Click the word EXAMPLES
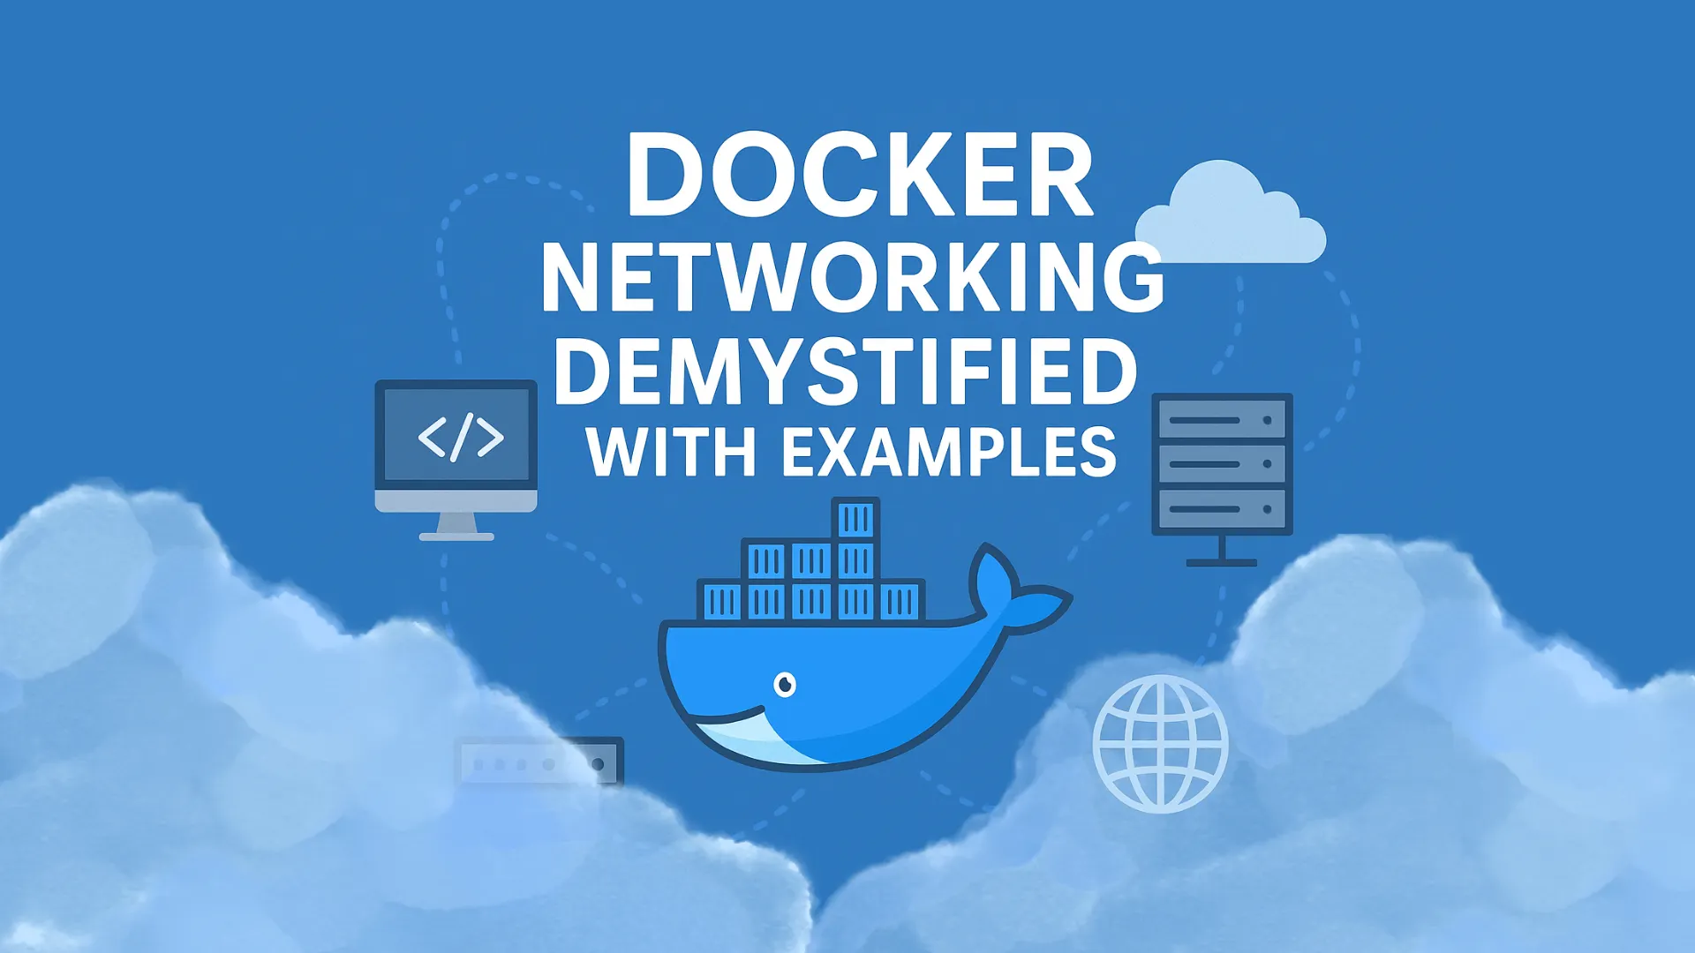[x=949, y=453]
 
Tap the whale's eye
[x=784, y=684]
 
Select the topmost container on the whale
[x=855, y=520]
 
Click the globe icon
[x=1160, y=744]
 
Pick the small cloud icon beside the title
[x=1232, y=216]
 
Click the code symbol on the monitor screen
[x=460, y=437]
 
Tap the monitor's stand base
[x=456, y=535]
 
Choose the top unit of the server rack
[x=1222, y=420]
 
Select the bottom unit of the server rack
[x=1222, y=509]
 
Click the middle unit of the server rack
[x=1222, y=464]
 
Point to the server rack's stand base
[x=1222, y=561]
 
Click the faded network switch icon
[x=539, y=762]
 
